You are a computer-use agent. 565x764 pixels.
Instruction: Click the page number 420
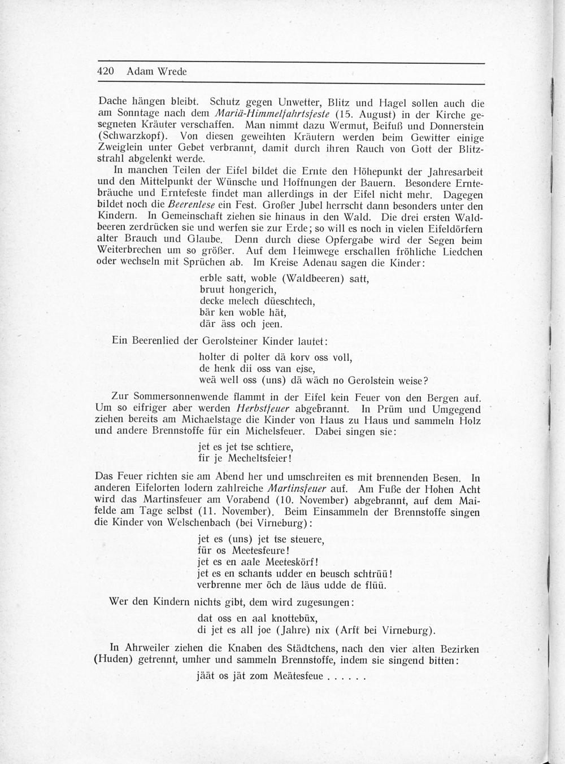[x=107, y=72]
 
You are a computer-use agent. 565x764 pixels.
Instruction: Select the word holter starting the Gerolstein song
[x=212, y=357]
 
